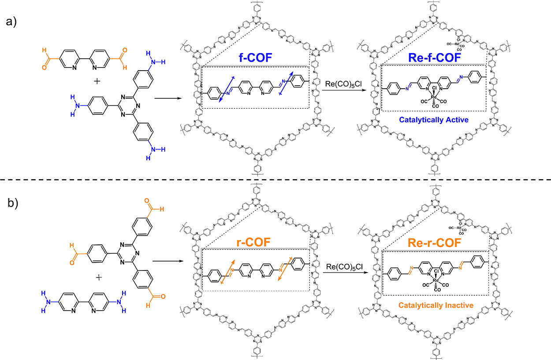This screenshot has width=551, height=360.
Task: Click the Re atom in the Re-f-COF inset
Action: (x=433, y=96)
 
